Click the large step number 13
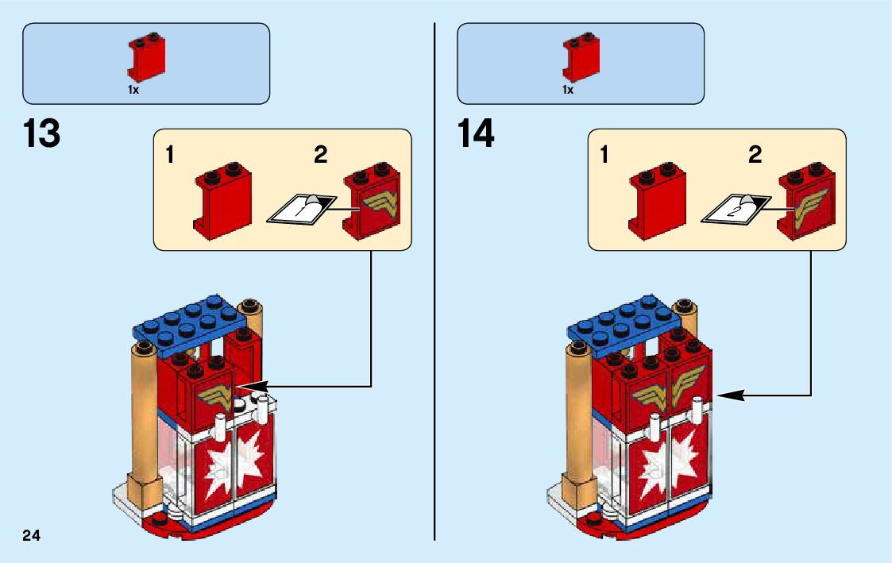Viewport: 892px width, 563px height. coord(42,134)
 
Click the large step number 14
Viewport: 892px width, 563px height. coord(476,134)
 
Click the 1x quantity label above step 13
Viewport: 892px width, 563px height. coord(133,91)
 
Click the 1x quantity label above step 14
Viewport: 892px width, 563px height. coord(568,91)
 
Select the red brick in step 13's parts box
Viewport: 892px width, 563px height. coord(146,58)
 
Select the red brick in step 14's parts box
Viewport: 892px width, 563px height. coord(581,58)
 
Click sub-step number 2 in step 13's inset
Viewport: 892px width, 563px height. coord(320,155)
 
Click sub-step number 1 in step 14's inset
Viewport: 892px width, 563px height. coord(604,155)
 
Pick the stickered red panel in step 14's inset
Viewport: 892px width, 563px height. coord(807,202)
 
